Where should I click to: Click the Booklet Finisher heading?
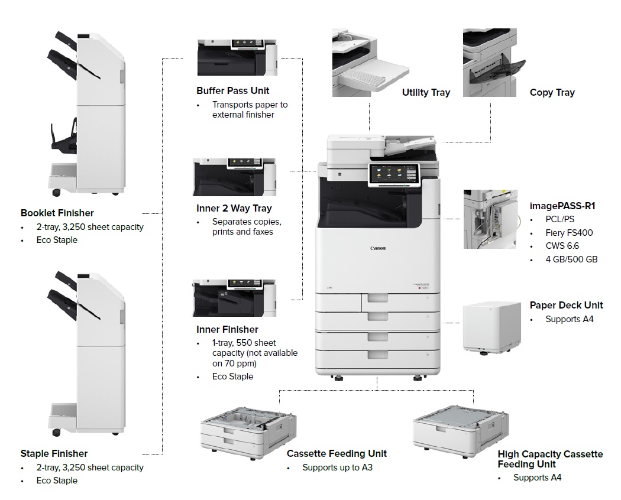(x=57, y=213)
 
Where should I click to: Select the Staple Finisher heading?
(x=54, y=453)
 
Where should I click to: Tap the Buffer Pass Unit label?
(x=232, y=90)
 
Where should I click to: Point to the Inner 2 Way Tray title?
(x=234, y=208)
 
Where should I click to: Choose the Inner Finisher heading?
(x=227, y=329)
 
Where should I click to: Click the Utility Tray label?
(x=426, y=92)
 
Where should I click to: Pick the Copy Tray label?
(x=552, y=92)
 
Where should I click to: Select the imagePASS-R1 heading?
(x=562, y=206)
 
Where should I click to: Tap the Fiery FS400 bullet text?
(x=569, y=232)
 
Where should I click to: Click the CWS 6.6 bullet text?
(x=562, y=246)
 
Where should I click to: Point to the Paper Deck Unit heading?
(x=566, y=305)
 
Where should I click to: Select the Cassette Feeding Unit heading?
(x=337, y=453)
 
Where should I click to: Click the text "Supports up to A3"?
(x=338, y=467)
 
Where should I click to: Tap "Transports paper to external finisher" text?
(x=250, y=109)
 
